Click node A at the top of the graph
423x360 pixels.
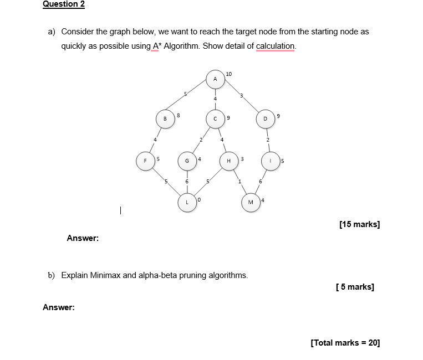[x=215, y=79]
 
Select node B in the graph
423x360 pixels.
[x=165, y=118]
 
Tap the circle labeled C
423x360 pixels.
[x=215, y=118]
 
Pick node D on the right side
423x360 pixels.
[x=265, y=118]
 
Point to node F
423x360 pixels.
[x=146, y=161]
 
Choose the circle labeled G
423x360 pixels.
[x=187, y=161]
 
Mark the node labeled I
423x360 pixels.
[x=270, y=161]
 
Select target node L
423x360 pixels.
[x=187, y=202]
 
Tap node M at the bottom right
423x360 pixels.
[x=250, y=202]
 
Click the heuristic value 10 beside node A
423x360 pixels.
[x=229, y=74]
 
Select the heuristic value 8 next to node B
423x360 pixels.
[x=178, y=115]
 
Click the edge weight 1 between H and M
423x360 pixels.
[x=239, y=182]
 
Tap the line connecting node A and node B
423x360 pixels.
[x=188, y=100]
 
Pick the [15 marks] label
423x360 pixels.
[x=359, y=224]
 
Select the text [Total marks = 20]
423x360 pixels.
[x=345, y=343]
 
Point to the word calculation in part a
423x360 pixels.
[x=276, y=46]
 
